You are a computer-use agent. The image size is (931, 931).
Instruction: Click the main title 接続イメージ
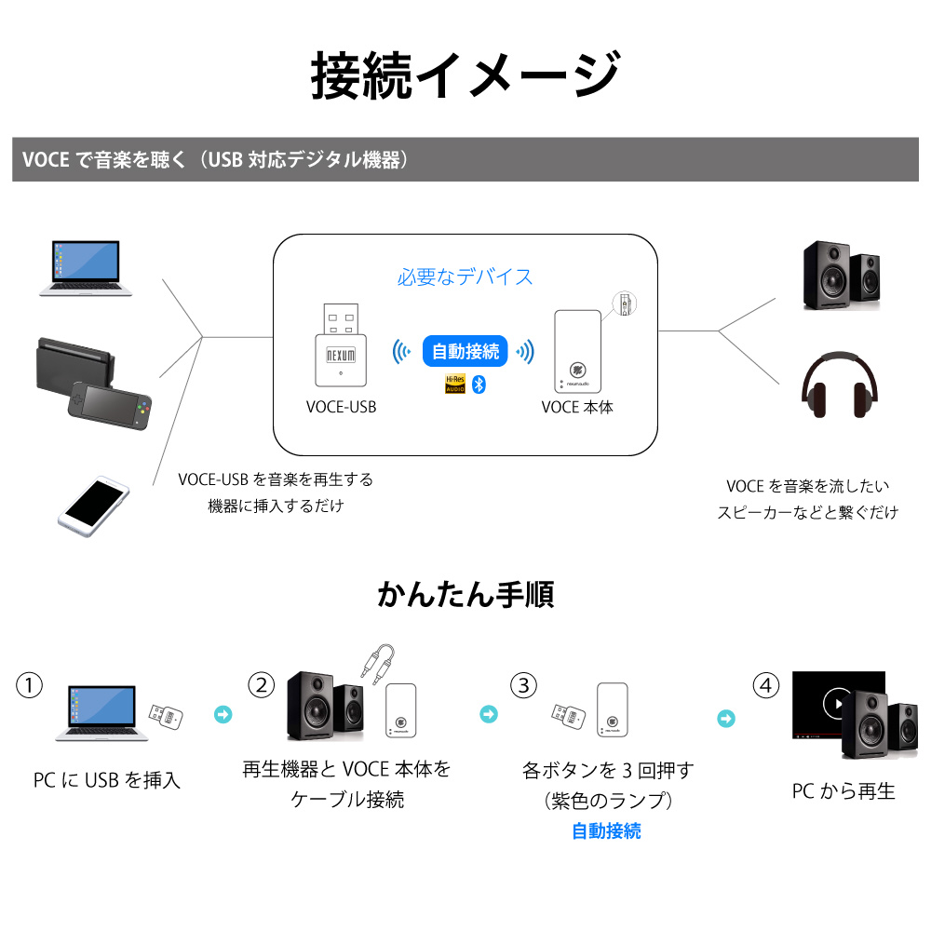click(465, 75)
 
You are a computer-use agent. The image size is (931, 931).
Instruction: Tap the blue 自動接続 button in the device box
click(465, 352)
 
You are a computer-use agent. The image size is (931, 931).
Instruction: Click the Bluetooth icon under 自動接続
click(479, 385)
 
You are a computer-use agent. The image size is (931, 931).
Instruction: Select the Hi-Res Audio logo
click(455, 385)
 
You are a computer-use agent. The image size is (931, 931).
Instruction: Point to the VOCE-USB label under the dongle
click(342, 408)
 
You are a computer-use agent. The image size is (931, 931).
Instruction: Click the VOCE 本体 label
click(577, 408)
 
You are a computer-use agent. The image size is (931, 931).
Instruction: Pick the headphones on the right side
click(839, 385)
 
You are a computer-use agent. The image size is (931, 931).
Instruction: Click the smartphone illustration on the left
click(93, 506)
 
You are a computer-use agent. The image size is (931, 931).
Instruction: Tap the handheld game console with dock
click(94, 384)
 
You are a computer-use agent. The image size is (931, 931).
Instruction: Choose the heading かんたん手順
click(465, 594)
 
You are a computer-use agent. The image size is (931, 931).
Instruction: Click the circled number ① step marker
click(29, 685)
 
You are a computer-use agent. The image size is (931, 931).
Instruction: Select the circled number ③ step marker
click(523, 685)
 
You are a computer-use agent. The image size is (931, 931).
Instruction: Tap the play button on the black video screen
click(836, 704)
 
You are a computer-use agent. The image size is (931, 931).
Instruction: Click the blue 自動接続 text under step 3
click(606, 831)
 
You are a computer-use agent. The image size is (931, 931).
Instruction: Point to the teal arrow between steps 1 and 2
click(223, 714)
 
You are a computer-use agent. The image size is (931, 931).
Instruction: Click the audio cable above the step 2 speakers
click(378, 664)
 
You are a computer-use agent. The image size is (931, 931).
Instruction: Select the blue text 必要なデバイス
click(465, 277)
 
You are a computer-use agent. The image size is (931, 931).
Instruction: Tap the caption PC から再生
click(843, 791)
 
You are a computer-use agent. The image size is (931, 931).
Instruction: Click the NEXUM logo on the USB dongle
click(341, 355)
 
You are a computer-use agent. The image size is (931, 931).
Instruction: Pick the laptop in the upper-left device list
click(86, 268)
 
